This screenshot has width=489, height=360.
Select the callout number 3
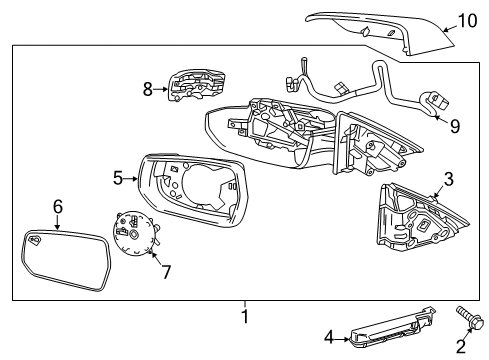click(x=448, y=179)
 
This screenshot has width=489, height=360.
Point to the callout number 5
click(x=118, y=179)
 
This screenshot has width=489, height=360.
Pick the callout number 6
click(x=58, y=206)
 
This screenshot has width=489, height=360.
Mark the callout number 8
click(x=148, y=88)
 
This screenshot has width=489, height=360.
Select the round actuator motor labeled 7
click(x=132, y=237)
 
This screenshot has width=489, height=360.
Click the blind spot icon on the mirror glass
click(x=36, y=241)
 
